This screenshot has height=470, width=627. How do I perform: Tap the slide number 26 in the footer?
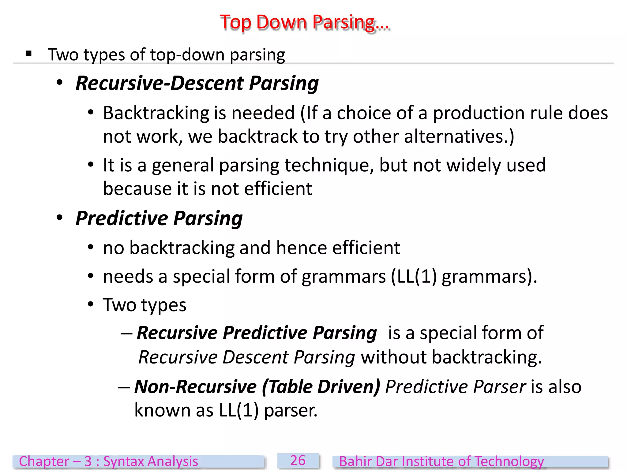pos(298,461)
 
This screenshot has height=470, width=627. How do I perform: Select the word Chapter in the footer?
pos(44,461)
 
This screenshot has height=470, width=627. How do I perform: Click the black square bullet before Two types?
pos(29,54)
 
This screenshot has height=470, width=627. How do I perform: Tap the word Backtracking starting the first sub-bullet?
pos(156,113)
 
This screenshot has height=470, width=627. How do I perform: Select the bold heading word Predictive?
pos(122,218)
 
